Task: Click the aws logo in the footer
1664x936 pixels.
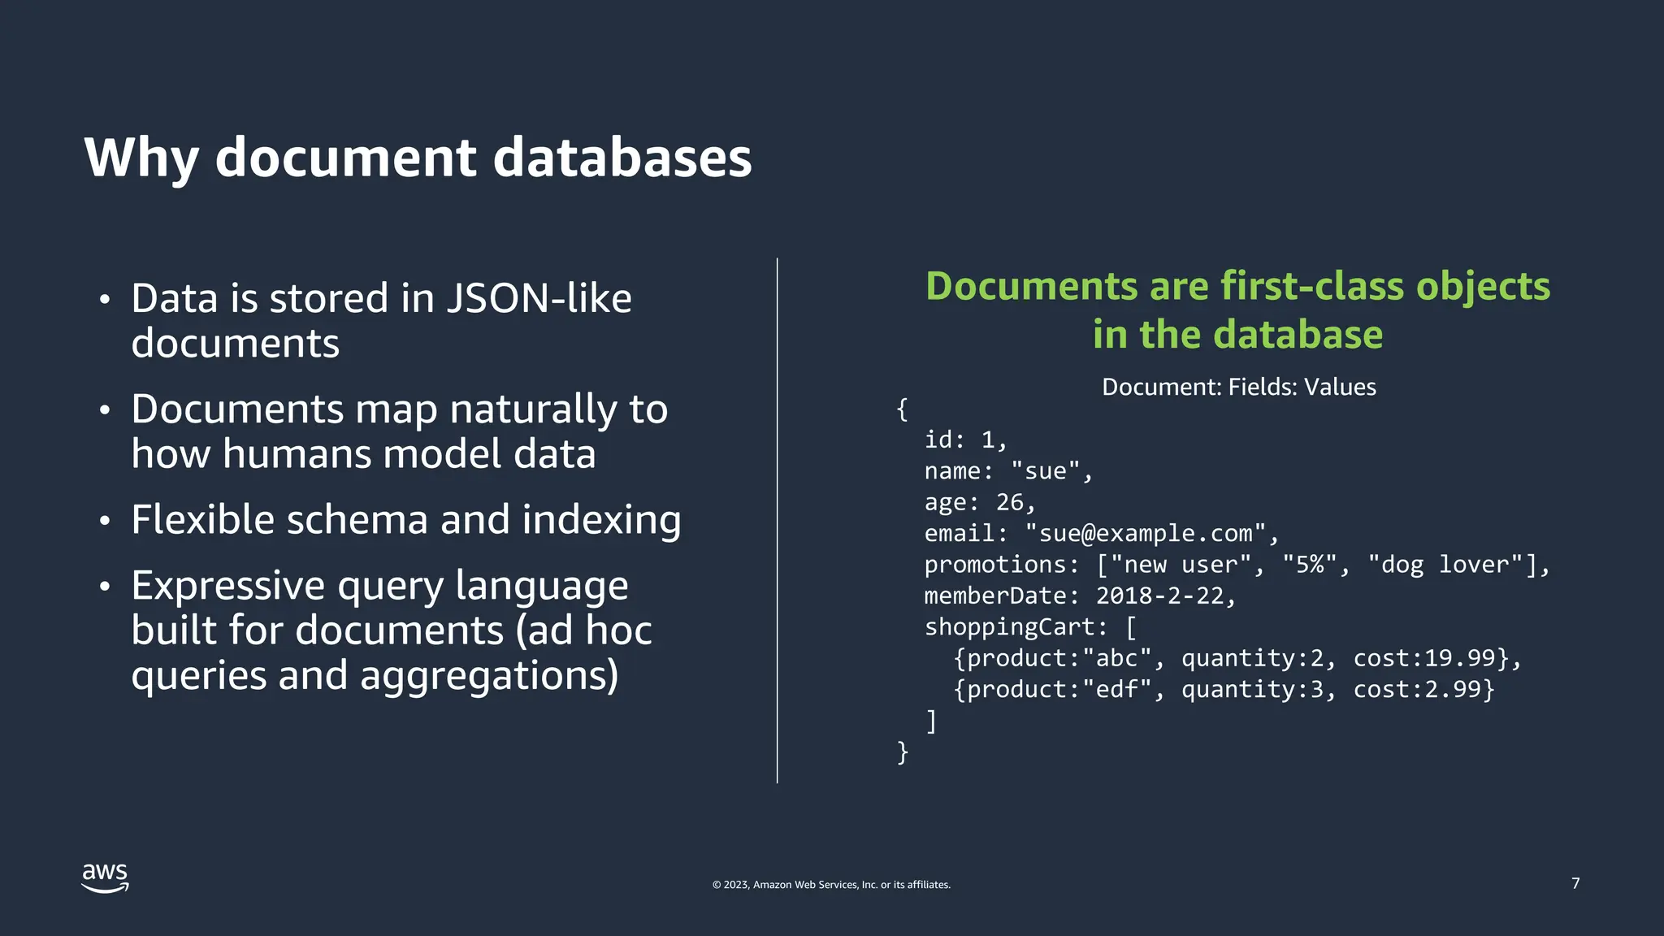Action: click(105, 877)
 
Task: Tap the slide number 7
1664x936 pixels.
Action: click(1575, 883)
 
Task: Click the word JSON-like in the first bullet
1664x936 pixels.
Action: click(539, 298)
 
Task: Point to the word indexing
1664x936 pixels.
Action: click(601, 519)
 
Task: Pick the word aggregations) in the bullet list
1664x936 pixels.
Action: click(489, 675)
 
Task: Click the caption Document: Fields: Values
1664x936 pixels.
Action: click(1239, 387)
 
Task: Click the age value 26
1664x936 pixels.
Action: click(1010, 503)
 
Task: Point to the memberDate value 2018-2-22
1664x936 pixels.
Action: click(1159, 596)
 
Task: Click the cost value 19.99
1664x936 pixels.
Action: click(1460, 658)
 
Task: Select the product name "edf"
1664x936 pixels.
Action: click(1117, 690)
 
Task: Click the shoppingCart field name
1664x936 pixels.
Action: click(1010, 627)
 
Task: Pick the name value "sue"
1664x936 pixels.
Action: click(1046, 471)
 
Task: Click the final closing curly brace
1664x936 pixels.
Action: click(903, 752)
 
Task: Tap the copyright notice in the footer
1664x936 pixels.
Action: click(831, 885)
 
